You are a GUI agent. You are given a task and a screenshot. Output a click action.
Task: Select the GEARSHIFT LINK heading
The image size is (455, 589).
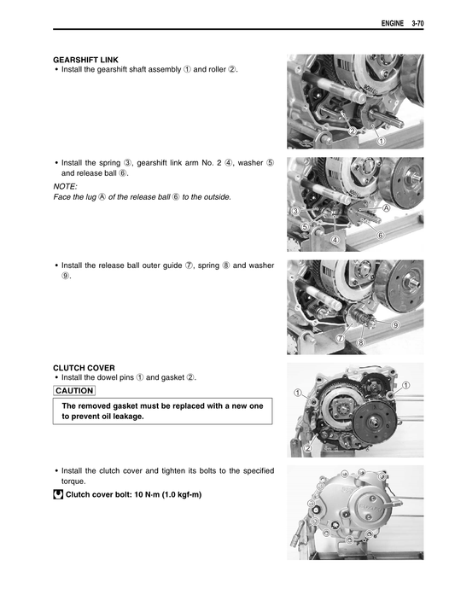[85, 60]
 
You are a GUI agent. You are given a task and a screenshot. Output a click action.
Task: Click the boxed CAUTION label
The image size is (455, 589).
[73, 390]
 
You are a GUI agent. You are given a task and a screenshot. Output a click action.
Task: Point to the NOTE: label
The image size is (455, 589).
[65, 185]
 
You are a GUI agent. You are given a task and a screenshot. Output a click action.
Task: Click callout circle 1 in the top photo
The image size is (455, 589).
[380, 140]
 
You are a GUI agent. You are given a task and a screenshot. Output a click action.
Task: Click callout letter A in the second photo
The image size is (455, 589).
[386, 207]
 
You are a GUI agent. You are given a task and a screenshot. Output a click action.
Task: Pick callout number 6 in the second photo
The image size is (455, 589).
[380, 233]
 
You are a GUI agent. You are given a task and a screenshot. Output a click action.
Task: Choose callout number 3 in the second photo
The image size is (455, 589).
[295, 210]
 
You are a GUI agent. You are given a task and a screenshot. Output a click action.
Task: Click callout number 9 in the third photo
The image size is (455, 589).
[395, 326]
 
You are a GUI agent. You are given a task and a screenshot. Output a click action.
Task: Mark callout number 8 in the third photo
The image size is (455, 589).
[361, 342]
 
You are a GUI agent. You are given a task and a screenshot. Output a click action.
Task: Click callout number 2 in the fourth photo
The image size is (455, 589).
[307, 446]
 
